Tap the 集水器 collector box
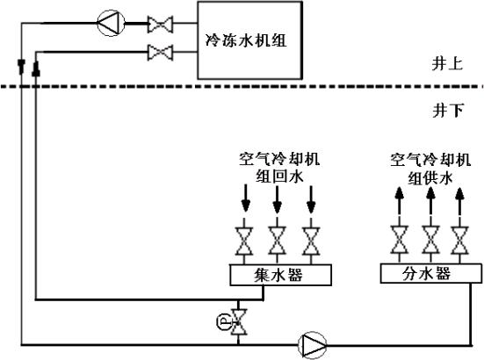point(280,275)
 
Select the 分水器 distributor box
point(431,273)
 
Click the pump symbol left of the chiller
point(111,23)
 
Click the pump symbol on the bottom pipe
point(312,345)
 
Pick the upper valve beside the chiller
point(160,24)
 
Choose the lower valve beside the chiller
point(160,53)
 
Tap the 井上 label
point(447,64)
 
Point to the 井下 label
point(448,110)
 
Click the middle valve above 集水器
point(278,241)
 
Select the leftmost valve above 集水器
point(244,241)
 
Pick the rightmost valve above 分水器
point(459,240)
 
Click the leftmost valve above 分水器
point(400,240)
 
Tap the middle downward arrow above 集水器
point(278,199)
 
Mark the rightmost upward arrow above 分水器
point(459,201)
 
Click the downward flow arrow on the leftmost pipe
point(21,67)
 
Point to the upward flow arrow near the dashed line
point(36,68)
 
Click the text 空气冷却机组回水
point(279,168)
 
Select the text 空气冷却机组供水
point(430,169)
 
